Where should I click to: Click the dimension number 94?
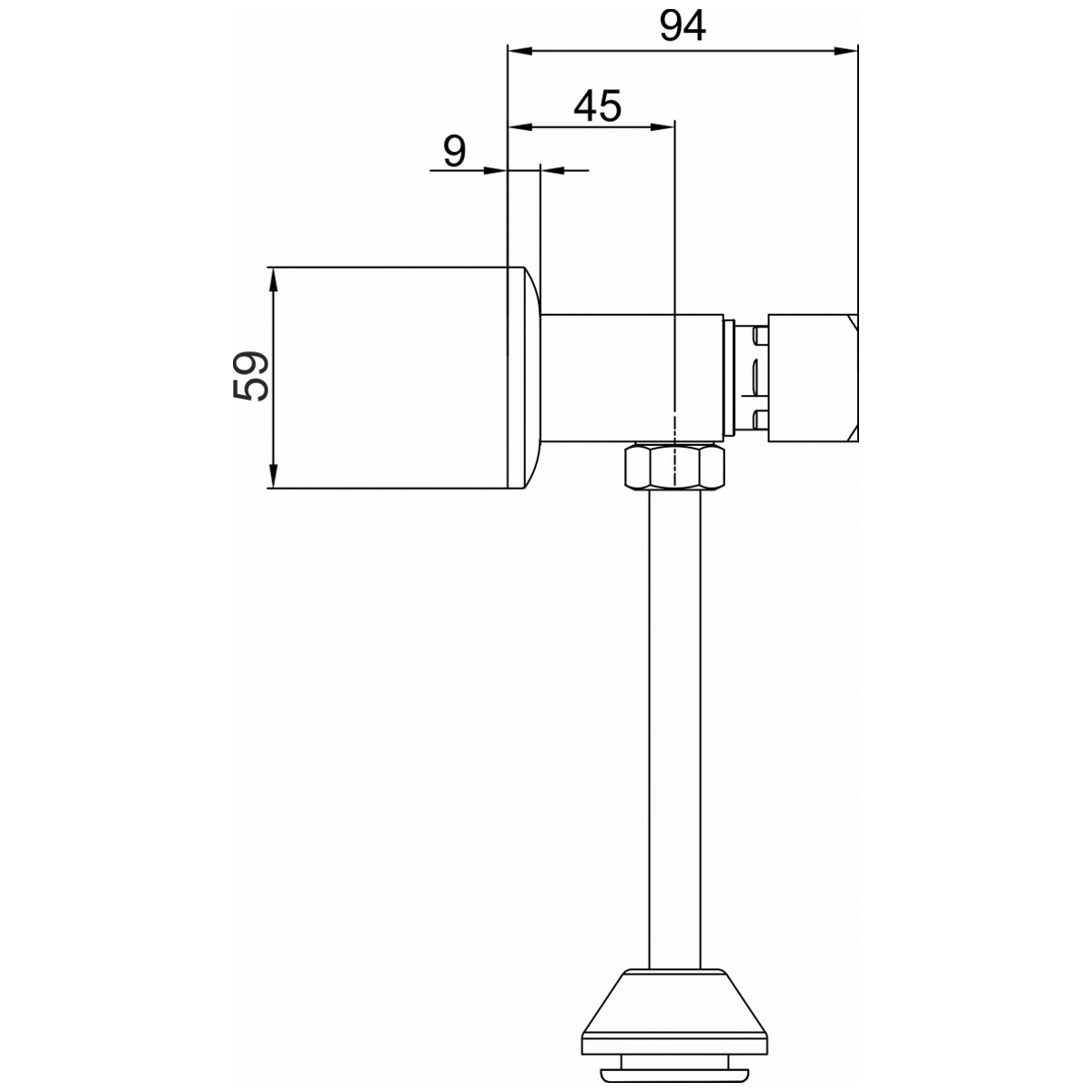pyautogui.click(x=682, y=26)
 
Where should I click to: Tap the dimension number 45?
pyautogui.click(x=597, y=106)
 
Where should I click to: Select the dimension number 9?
pyautogui.click(x=454, y=151)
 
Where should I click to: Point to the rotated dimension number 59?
pyautogui.click(x=250, y=376)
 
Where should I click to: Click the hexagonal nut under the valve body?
pyautogui.click(x=674, y=467)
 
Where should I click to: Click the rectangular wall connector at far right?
pyautogui.click(x=813, y=378)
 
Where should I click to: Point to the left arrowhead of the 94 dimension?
pyautogui.click(x=521, y=52)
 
